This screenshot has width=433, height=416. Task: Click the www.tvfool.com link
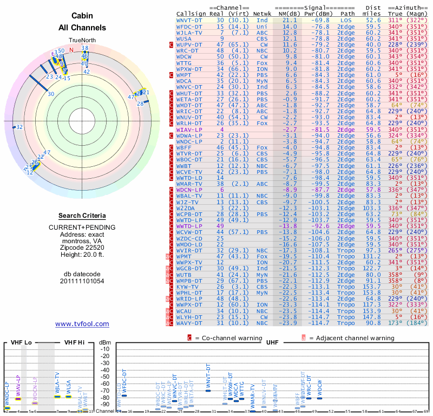tap(82, 324)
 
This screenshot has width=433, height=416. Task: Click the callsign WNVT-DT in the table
tap(189, 19)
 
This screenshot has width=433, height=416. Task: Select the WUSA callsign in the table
tap(185, 39)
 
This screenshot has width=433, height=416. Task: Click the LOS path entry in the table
tap(346, 19)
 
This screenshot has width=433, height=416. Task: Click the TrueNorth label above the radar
tap(82, 41)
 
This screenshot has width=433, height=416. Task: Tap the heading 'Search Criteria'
tap(82, 215)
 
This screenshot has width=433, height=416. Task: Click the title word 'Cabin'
tap(82, 16)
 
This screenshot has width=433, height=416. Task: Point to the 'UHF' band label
tap(272, 342)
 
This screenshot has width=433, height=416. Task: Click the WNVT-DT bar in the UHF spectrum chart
tap(208, 390)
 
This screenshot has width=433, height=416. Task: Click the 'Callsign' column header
tap(191, 14)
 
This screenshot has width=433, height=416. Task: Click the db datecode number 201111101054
tap(82, 281)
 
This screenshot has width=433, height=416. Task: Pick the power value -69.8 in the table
tap(320, 19)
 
